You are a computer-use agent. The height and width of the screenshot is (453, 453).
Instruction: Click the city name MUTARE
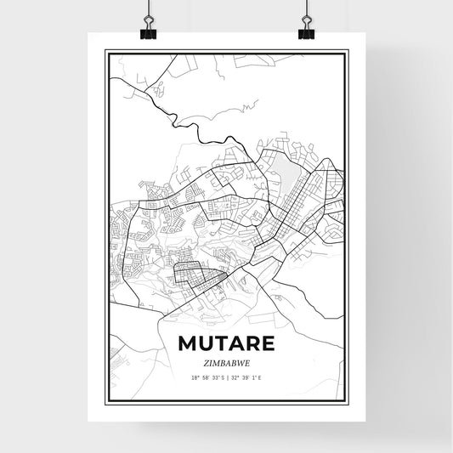coord(226,343)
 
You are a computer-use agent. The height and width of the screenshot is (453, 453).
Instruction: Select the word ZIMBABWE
coord(226,361)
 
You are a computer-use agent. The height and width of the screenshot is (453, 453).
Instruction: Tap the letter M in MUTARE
coord(188,343)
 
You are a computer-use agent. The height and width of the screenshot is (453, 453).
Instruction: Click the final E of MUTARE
coord(267,343)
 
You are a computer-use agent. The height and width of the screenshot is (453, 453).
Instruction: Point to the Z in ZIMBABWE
coord(207,361)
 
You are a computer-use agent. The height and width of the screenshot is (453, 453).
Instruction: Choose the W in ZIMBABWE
coord(240,361)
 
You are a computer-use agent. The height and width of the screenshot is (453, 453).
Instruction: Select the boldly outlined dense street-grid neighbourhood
coord(197,277)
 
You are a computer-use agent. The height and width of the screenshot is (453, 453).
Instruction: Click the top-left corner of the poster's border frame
coord(106,51)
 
